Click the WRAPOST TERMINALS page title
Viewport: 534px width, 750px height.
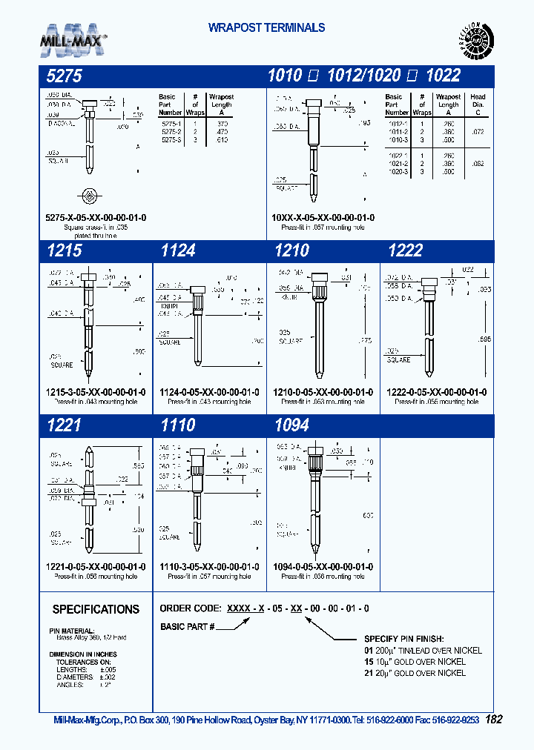click(x=266, y=28)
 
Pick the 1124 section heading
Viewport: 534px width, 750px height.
click(x=178, y=251)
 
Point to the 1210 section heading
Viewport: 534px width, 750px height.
click(x=292, y=251)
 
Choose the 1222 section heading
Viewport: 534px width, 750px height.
click(x=406, y=251)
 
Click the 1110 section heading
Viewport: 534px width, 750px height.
click(x=178, y=425)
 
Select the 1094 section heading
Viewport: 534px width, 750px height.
click(x=292, y=425)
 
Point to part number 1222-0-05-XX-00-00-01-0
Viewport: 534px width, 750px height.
click(x=438, y=392)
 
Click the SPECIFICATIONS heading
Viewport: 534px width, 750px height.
click(x=96, y=609)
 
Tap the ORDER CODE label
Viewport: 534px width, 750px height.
click(x=188, y=608)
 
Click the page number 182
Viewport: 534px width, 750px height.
click(x=495, y=720)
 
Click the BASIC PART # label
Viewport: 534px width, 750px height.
click(x=187, y=627)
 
